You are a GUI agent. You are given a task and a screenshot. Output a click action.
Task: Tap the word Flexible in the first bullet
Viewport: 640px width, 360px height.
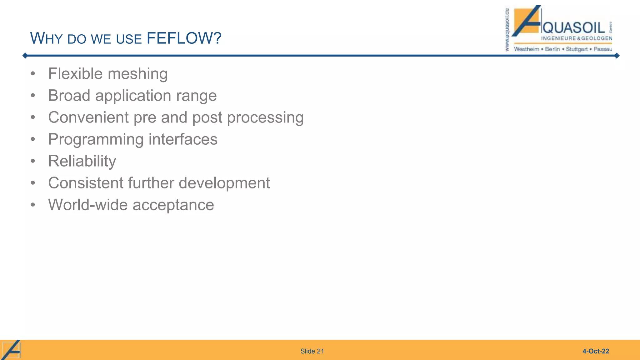point(75,74)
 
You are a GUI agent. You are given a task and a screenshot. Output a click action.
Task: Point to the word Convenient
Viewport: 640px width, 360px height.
point(88,117)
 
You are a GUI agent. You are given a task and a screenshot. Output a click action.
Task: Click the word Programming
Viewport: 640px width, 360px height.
point(96,140)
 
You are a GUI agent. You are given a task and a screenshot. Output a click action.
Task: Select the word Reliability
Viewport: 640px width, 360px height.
point(82,162)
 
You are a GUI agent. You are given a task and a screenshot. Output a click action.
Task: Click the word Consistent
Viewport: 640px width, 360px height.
point(86,183)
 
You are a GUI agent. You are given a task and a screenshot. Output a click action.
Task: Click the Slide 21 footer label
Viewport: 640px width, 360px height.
point(312,351)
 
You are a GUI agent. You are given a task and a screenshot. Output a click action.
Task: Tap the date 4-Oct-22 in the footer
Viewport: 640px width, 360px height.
point(596,351)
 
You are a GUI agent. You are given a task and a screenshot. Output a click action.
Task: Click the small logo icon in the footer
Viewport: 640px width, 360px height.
point(11,350)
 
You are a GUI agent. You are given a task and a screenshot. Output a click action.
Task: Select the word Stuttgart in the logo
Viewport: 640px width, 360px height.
point(577,49)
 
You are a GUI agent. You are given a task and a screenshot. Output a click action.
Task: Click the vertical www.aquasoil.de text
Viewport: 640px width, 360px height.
point(507,30)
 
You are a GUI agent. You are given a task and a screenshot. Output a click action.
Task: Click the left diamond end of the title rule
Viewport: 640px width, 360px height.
point(25,56)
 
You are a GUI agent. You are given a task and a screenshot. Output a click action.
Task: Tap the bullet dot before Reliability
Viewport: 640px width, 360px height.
point(33,161)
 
